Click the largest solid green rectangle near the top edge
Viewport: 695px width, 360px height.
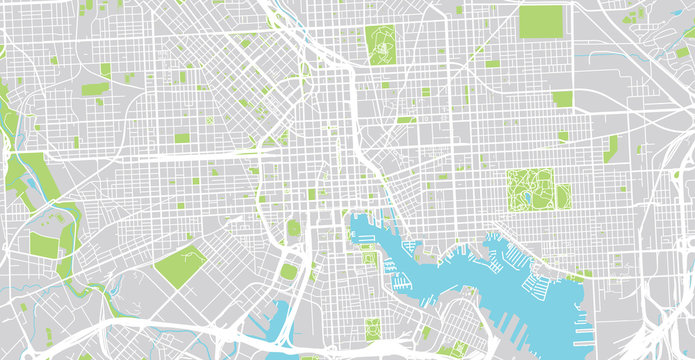[541, 21]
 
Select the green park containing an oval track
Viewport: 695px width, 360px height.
[382, 44]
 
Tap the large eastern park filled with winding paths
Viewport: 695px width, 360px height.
[530, 189]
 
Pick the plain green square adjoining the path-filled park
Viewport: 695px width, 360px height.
[563, 195]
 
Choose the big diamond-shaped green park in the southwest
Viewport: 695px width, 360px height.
[180, 266]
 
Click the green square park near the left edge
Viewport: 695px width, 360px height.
[44, 245]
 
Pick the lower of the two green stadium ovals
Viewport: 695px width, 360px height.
[288, 271]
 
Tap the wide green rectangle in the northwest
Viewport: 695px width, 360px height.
[94, 89]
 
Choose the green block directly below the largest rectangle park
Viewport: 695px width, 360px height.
[562, 98]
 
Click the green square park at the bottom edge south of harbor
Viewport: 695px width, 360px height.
[372, 328]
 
